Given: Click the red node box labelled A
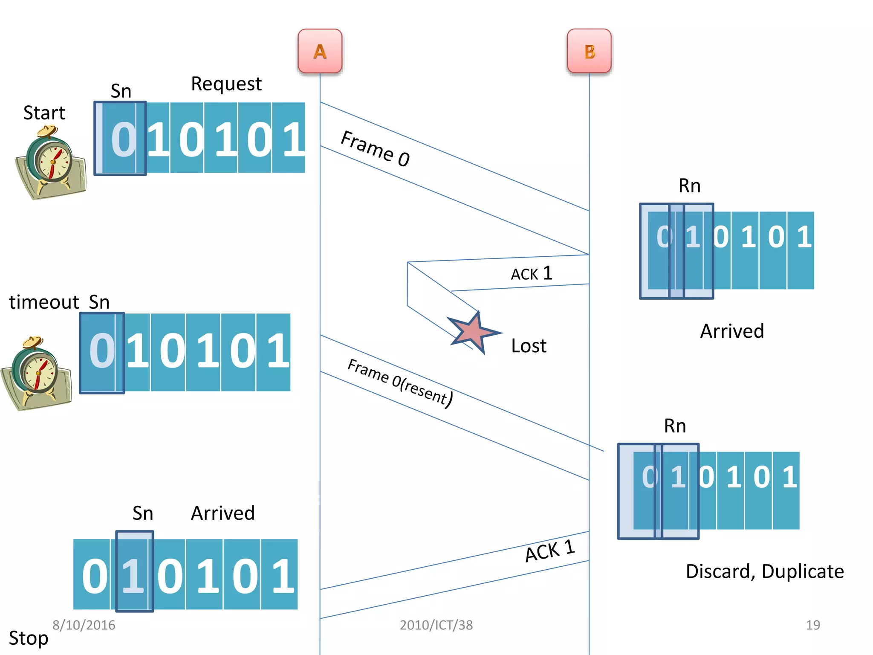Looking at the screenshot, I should click(320, 51).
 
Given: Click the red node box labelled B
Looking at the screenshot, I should click(589, 51).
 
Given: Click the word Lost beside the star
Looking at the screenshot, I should click(529, 346).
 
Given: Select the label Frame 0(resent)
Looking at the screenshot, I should click(400, 383).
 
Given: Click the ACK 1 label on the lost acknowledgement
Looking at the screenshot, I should click(532, 273).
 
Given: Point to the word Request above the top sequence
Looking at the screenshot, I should click(226, 84).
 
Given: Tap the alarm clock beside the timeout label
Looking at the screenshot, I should click(36, 373).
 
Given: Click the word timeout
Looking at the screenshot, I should click(44, 302).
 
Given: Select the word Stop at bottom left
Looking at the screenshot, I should click(28, 638).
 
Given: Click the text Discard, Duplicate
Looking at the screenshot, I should click(765, 571).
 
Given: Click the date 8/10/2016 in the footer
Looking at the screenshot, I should click(84, 625).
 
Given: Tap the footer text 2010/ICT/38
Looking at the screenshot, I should click(436, 625).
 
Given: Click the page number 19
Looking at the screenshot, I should click(812, 625).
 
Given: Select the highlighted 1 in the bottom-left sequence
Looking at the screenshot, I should click(133, 576).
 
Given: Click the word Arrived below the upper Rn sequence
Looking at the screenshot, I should click(732, 331).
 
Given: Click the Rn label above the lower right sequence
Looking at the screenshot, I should click(675, 426).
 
